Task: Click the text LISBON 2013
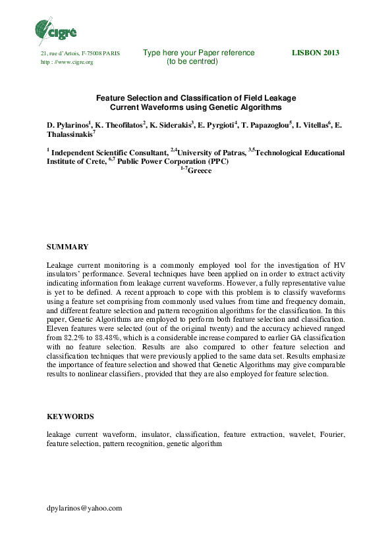point(315,53)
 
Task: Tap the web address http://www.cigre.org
point(67,62)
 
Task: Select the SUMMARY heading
point(67,247)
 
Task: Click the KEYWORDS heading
point(70,416)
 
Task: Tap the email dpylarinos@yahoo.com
point(84,509)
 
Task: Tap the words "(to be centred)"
point(192,62)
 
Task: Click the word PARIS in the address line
point(109,53)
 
